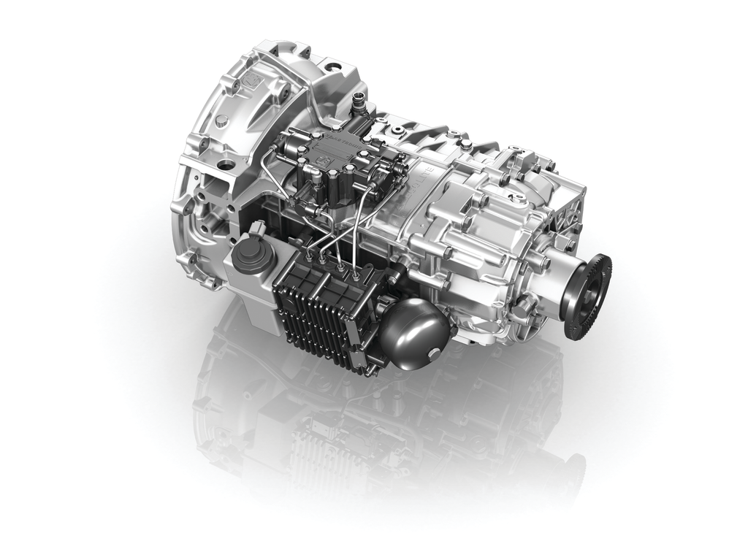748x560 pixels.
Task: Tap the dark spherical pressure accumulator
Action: point(413,326)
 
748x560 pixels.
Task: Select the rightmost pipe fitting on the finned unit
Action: point(356,275)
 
